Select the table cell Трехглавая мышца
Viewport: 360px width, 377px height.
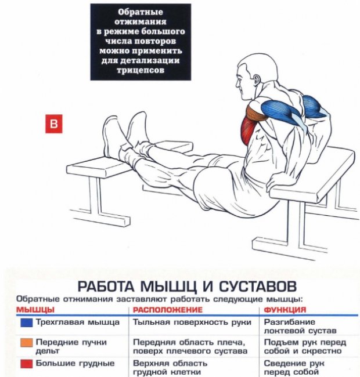coord(77,322)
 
